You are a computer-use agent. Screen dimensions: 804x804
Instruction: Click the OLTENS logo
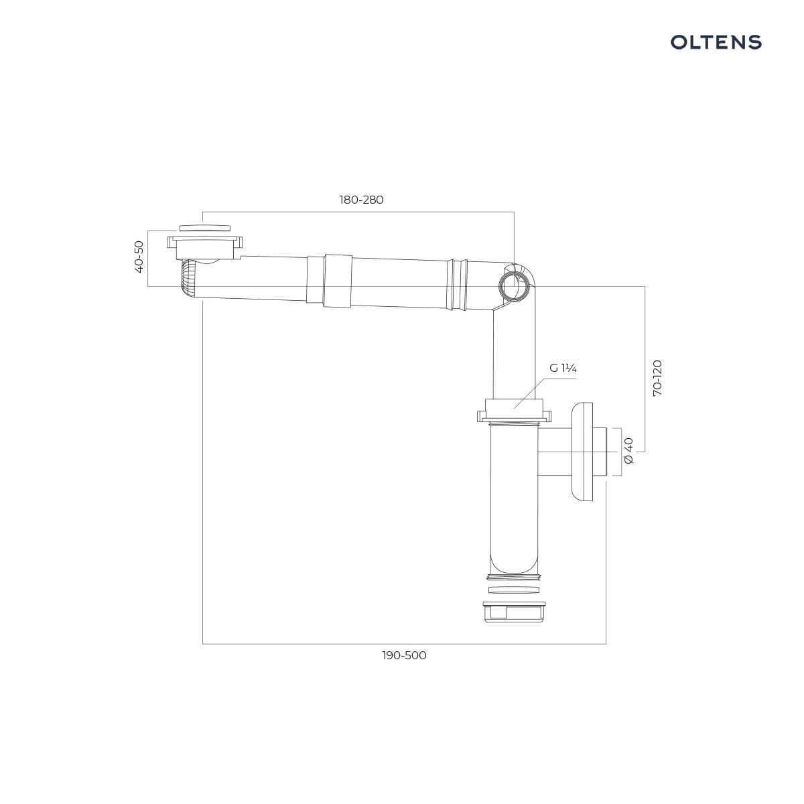coord(716,42)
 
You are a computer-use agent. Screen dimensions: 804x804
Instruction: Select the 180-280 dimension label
coord(361,200)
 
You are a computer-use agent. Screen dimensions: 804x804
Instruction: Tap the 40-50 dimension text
coord(139,257)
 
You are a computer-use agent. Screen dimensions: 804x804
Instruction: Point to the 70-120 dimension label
coord(657,378)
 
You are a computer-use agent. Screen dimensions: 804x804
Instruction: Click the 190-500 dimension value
coord(404,655)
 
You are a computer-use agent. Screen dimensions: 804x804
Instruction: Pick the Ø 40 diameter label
coord(628,451)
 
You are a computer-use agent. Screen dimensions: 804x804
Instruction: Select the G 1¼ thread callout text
coord(563,368)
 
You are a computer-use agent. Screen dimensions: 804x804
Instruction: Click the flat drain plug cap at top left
coord(205,228)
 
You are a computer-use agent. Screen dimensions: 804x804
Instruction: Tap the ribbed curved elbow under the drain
coord(189,277)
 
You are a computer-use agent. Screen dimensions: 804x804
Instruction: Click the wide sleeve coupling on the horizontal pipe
coord(338,281)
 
